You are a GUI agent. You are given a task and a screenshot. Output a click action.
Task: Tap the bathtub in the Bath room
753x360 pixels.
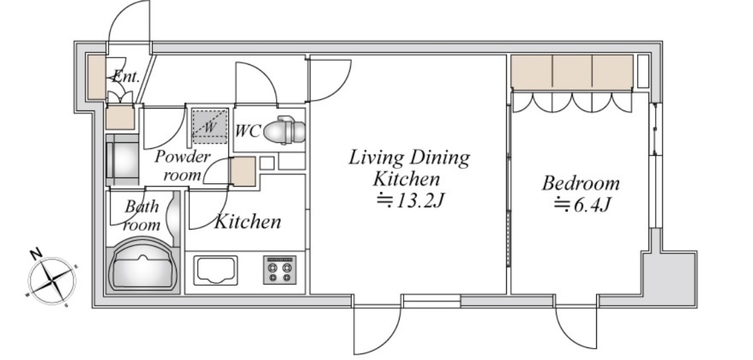[143, 270]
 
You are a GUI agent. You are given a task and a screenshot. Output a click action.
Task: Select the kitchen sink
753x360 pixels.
[215, 270]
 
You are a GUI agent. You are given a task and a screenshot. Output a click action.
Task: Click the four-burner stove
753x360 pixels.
[279, 269]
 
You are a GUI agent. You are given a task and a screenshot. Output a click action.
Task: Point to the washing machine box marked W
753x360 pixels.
[209, 126]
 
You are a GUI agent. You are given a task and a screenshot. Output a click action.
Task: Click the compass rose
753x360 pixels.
[52, 280]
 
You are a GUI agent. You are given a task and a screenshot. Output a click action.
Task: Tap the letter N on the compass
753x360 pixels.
[35, 254]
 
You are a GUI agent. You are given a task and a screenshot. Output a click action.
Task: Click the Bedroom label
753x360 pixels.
[580, 183]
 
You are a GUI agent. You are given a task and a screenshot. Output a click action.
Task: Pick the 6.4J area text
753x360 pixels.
[582, 205]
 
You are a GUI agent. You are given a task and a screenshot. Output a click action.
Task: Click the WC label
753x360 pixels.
[247, 130]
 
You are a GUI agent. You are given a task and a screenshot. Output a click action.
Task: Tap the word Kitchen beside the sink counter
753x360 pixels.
[247, 222]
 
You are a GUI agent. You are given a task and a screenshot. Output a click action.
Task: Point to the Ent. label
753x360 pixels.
[126, 76]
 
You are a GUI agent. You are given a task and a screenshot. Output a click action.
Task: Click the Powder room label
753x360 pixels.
[182, 165]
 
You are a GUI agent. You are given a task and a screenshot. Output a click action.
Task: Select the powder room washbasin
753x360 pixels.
[122, 160]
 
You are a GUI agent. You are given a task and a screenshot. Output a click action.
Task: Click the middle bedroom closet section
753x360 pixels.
[572, 72]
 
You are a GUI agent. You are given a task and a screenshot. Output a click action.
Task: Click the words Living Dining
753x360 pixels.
[409, 157]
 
